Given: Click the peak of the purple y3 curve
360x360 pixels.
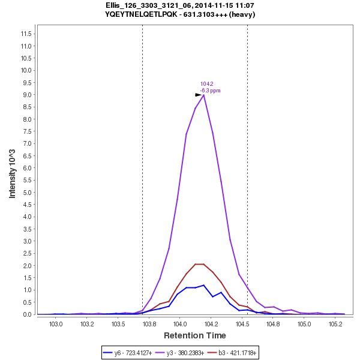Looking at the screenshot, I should point(204,95).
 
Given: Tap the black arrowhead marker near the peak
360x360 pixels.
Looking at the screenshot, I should point(199,95).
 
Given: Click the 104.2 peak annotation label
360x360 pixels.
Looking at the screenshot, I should point(207,84).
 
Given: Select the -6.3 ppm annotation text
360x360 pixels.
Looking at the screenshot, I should point(211,91).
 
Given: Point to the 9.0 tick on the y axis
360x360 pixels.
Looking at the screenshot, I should point(26,95).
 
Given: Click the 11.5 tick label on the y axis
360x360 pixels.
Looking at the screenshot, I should point(25,34).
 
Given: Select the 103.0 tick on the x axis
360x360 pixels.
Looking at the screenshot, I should point(56,324).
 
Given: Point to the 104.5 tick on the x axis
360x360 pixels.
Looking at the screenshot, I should point(242,324).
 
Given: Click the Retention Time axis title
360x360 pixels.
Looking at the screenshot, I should point(195,335).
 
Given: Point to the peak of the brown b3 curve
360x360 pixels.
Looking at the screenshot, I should point(200,264).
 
